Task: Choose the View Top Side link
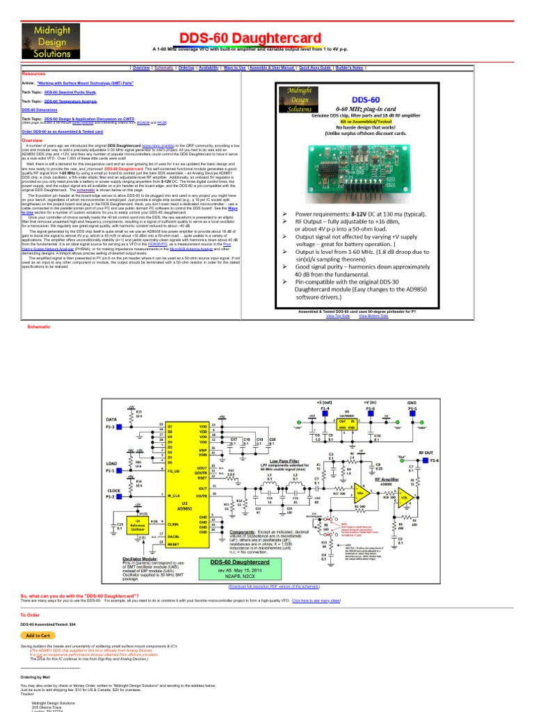[337, 316]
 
